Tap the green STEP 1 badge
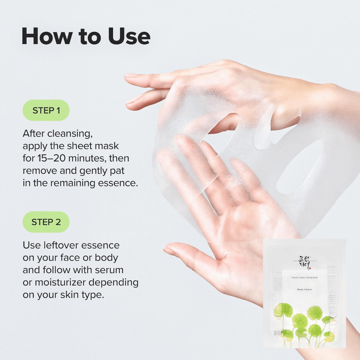point(46,110)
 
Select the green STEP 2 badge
point(46,222)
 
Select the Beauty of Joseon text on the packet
point(304,289)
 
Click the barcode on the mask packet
point(277,333)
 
